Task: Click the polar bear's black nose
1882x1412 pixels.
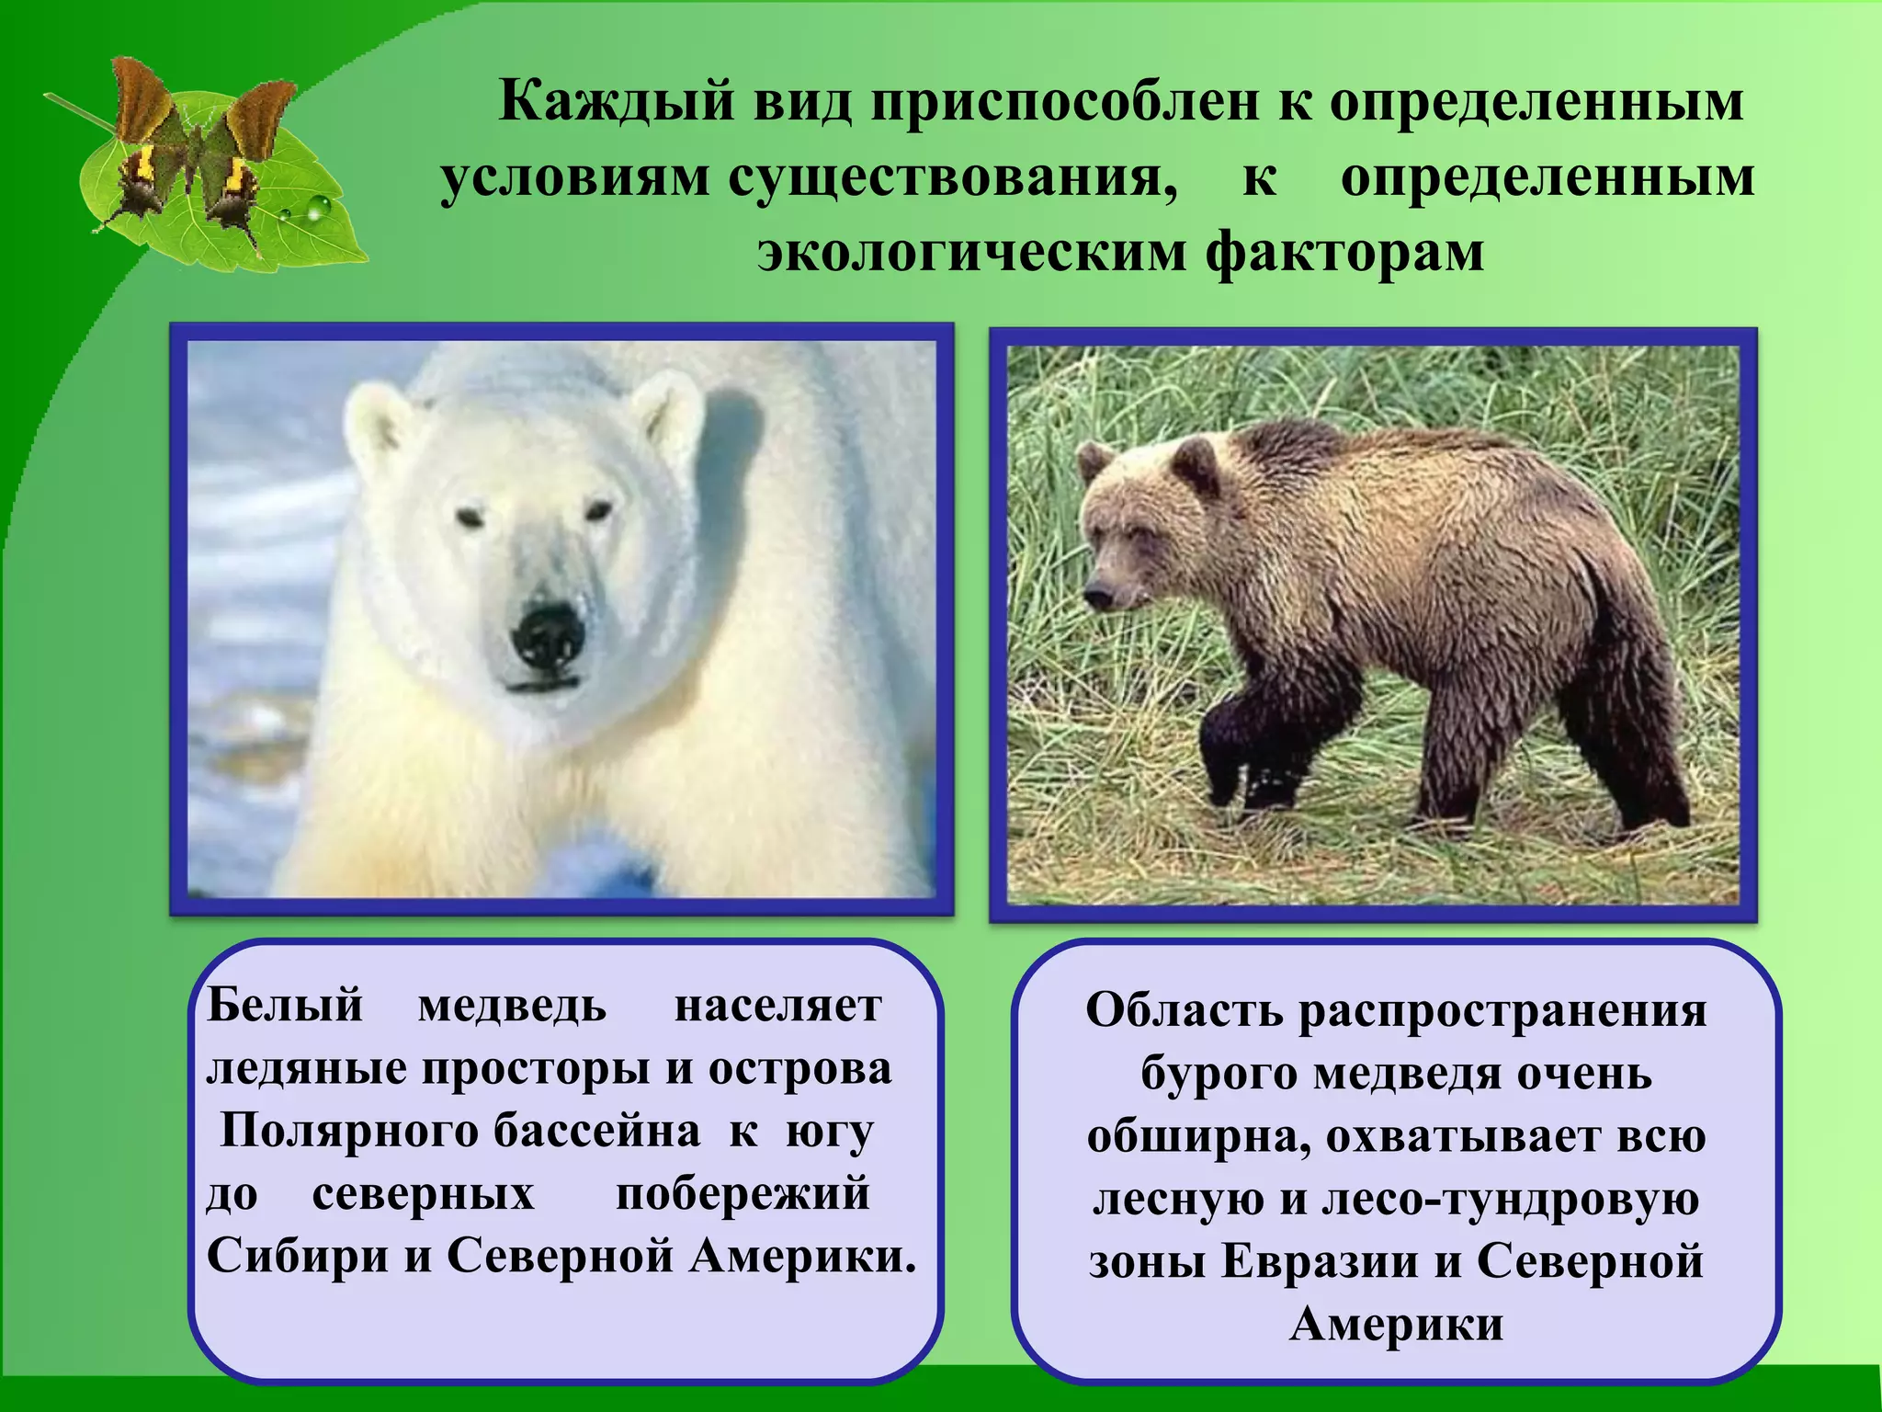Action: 548,636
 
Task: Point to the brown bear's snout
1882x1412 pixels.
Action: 1097,594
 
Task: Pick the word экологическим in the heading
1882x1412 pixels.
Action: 971,252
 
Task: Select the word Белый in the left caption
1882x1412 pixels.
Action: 285,1006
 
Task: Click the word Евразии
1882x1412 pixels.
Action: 1319,1261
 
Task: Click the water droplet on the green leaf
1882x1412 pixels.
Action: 317,210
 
